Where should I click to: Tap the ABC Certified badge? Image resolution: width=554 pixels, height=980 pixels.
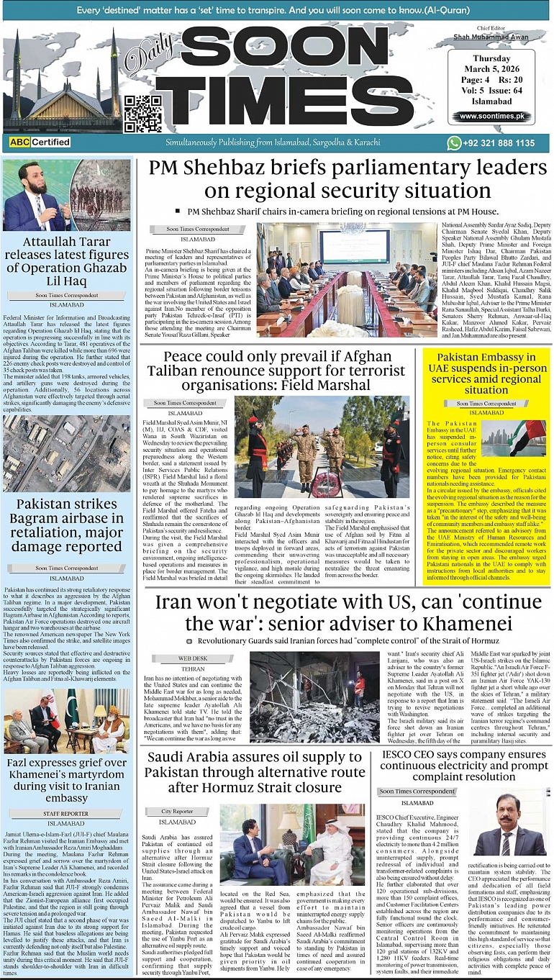[40, 142]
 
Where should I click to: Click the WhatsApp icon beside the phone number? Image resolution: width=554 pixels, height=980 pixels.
[454, 143]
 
